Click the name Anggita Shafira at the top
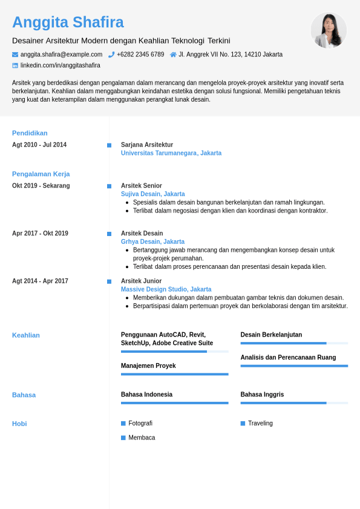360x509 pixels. [68, 22]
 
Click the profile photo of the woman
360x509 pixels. [329, 30]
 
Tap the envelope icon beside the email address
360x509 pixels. [15, 54]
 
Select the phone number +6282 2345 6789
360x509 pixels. [140, 54]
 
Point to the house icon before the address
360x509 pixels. [173, 54]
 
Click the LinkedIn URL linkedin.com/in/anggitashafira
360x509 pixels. [61, 65]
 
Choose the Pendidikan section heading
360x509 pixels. [30, 133]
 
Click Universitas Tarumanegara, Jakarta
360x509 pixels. [171, 153]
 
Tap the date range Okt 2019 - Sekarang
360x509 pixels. [41, 186]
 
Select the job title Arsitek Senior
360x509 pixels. [142, 186]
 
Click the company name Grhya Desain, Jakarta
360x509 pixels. [152, 241]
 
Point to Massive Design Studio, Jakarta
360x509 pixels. [166, 289]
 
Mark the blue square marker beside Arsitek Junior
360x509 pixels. [110, 281]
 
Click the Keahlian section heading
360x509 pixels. [26, 335]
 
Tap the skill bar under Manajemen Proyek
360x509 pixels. [174, 374]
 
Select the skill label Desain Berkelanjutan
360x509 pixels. [271, 335]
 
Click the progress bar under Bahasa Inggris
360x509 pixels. [294, 402]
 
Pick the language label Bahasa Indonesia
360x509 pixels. [146, 395]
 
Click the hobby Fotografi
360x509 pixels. [140, 424]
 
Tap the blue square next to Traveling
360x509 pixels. [243, 424]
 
